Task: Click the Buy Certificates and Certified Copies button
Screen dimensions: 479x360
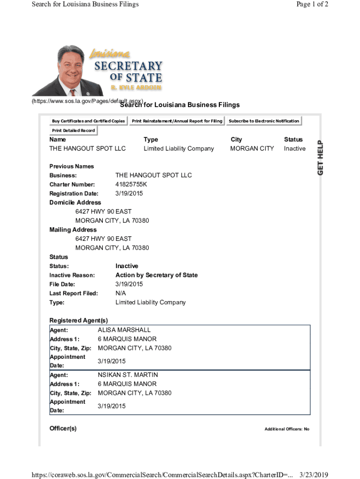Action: pyautogui.click(x=88, y=121)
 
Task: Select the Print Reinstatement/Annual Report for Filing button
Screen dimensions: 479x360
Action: pyautogui.click(x=177, y=121)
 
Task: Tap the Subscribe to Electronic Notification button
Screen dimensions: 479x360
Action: pyautogui.click(x=264, y=121)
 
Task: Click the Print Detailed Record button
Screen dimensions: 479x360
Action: pyautogui.click(x=73, y=131)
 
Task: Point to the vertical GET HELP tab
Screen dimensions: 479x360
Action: pyautogui.click(x=321, y=158)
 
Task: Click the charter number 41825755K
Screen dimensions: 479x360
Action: pyautogui.click(x=134, y=184)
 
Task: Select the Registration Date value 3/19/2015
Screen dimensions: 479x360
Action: pyautogui.click(x=129, y=193)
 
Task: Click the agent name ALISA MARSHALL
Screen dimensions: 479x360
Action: pyautogui.click(x=124, y=330)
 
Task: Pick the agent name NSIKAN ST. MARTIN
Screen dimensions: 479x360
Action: pyautogui.click(x=128, y=375)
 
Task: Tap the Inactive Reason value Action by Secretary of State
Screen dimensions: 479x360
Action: pyautogui.click(x=156, y=275)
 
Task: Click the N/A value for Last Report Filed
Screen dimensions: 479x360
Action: pyautogui.click(x=121, y=293)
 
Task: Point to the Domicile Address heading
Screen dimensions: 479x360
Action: pyautogui.click(x=75, y=203)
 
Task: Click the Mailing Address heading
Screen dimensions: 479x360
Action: pyautogui.click(x=73, y=230)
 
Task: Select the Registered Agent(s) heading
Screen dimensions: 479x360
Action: pyautogui.click(x=79, y=320)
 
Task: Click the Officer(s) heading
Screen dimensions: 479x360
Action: pyautogui.click(x=63, y=428)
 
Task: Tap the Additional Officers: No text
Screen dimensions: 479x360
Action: pyautogui.click(x=287, y=429)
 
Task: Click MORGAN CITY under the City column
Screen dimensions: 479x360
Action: pyautogui.click(x=252, y=149)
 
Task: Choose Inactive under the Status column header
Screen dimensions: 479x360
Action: pyautogui.click(x=295, y=149)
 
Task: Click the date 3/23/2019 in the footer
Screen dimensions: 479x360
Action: pyautogui.click(x=314, y=475)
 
